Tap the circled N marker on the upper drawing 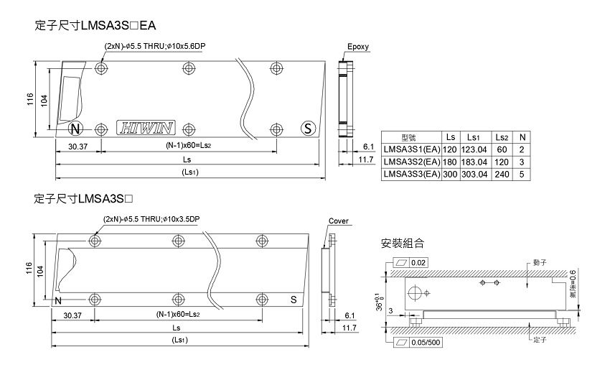point(76,129)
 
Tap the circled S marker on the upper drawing point(308,129)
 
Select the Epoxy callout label point(357,47)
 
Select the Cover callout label point(338,221)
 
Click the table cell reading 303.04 point(473,173)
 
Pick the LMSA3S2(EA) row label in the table point(411,161)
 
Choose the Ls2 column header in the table point(501,136)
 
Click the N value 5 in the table point(522,173)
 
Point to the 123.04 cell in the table point(473,149)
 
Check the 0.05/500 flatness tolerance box point(418,341)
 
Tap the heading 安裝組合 point(405,242)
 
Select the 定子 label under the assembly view point(540,341)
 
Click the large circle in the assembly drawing point(416,292)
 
